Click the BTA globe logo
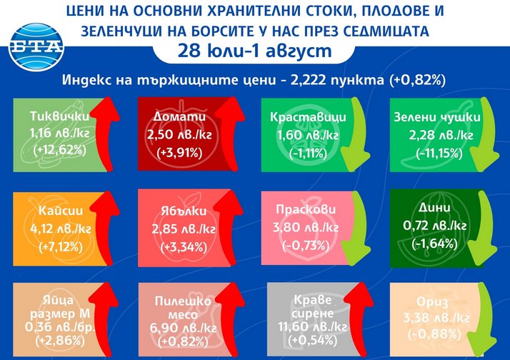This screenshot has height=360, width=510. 36,47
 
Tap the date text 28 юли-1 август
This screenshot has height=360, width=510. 255,51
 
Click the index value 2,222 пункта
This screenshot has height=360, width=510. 337,80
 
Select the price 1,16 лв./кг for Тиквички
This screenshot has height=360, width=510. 59,133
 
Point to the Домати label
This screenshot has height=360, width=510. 179,116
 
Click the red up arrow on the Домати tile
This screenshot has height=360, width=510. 230,134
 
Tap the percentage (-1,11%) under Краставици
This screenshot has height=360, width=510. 308,153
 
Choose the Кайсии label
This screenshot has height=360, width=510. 61,211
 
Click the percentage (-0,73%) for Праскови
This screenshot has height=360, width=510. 306,245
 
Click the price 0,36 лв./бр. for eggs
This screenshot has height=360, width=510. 61,327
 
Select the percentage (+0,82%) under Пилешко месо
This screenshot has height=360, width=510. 183,341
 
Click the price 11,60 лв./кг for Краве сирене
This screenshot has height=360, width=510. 312,326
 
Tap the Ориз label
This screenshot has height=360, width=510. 432,302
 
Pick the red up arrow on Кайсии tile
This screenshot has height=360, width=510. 106,228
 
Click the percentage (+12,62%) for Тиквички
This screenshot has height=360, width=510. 59,150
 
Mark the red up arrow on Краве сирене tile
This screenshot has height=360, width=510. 359,319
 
